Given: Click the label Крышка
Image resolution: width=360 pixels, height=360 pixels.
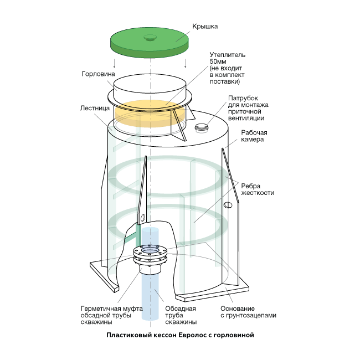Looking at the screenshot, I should (205, 26).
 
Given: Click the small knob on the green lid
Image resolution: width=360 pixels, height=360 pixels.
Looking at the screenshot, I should (150, 38).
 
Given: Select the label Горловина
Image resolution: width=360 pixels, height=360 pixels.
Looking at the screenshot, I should (98, 74).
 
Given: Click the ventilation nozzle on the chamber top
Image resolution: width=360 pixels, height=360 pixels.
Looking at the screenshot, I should (203, 127).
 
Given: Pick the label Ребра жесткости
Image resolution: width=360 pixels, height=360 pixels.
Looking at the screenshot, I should (257, 189).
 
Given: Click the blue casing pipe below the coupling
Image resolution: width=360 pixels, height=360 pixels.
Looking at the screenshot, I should (149, 299).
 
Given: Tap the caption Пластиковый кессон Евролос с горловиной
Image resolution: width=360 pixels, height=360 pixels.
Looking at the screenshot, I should (180, 335).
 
